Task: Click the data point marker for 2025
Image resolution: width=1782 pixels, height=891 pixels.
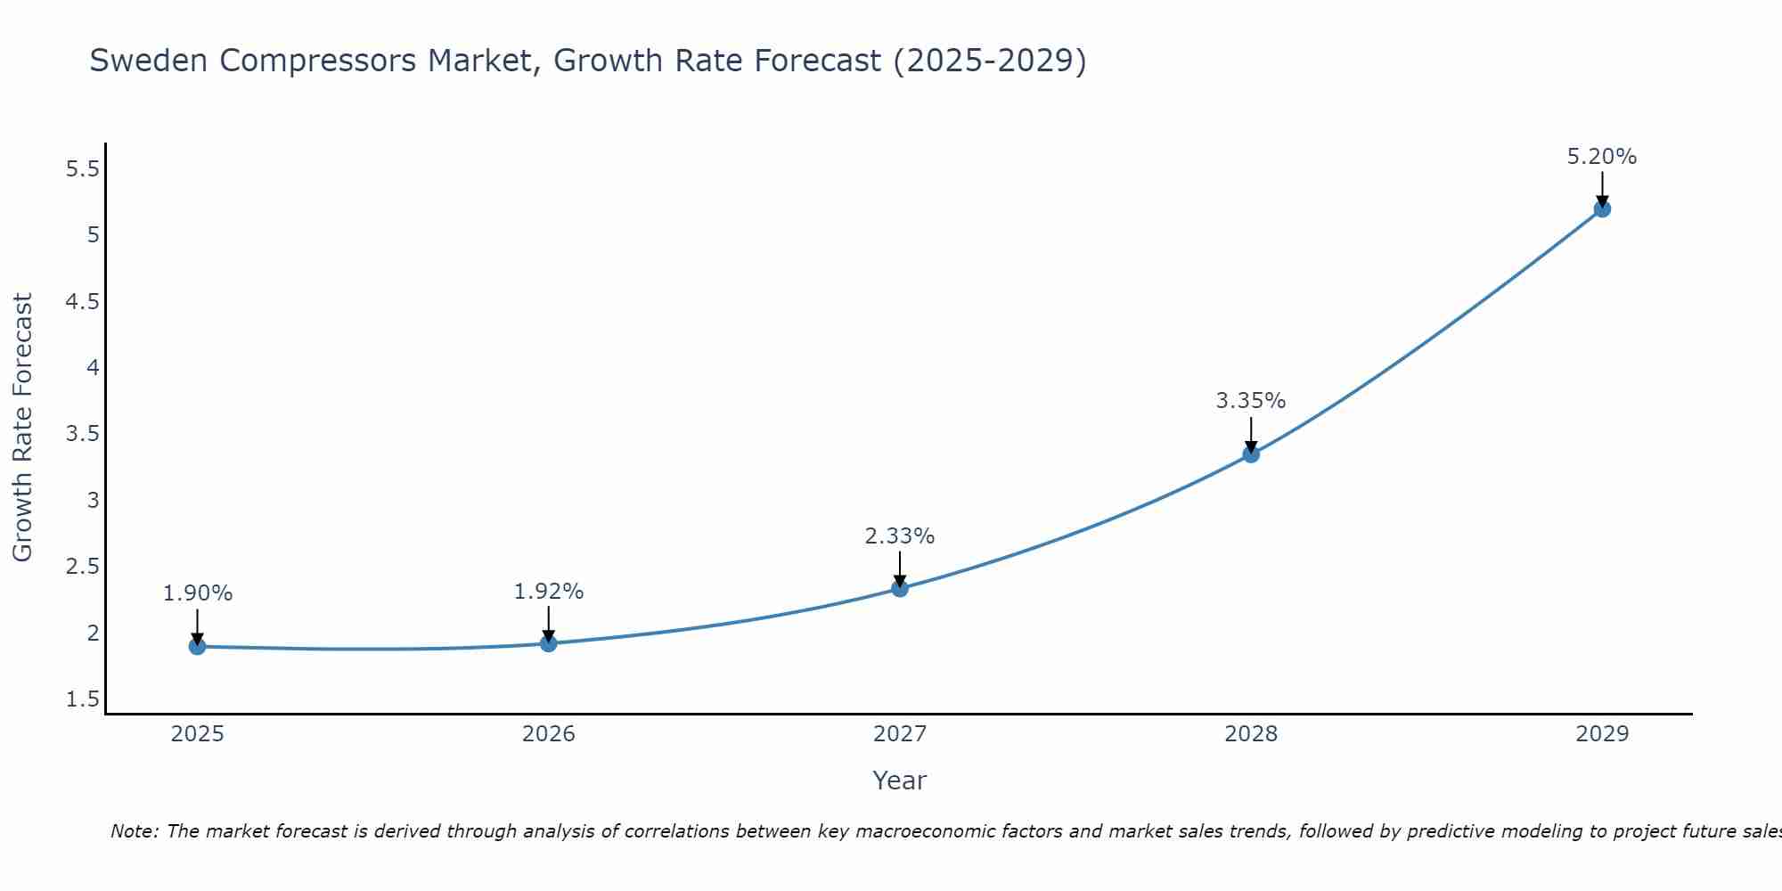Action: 198,646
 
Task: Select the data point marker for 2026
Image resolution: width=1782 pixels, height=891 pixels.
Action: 549,643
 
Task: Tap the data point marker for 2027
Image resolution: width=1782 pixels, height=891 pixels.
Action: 900,588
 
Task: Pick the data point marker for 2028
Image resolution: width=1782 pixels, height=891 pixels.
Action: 1251,454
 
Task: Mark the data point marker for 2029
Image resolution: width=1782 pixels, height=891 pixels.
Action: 1602,209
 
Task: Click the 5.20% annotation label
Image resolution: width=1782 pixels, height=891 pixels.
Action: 1602,157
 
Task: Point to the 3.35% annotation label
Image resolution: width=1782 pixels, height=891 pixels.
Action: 1251,401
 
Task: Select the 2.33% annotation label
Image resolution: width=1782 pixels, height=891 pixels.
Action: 900,536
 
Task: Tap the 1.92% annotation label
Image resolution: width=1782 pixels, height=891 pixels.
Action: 549,592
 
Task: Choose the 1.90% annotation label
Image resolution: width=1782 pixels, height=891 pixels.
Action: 198,593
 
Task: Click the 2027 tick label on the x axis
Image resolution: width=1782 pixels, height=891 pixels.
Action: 900,734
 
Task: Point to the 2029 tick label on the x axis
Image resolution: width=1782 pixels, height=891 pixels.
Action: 1602,734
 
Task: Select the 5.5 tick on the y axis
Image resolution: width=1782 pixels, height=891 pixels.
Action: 83,168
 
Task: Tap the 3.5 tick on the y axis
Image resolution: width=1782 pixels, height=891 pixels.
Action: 83,434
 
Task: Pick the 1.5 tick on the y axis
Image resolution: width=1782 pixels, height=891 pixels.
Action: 83,699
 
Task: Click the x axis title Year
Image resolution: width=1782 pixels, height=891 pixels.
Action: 900,781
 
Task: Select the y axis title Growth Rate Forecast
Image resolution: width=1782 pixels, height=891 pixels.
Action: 22,428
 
